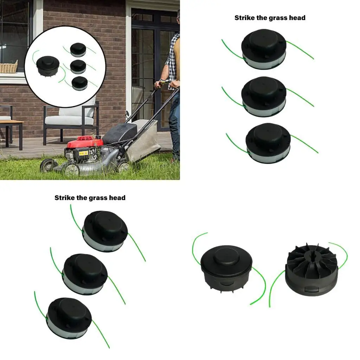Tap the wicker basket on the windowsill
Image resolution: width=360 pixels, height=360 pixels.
[x=8, y=67]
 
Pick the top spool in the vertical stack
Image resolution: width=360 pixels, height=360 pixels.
[x=264, y=49]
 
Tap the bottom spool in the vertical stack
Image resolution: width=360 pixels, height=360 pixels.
[x=268, y=143]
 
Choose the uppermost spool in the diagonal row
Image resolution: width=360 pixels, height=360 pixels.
[x=104, y=231]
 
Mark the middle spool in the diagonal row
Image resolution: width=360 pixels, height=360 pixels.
[x=84, y=273]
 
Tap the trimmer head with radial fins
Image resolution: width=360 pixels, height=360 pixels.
[x=311, y=269]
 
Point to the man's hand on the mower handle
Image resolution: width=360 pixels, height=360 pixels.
[x=159, y=85]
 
